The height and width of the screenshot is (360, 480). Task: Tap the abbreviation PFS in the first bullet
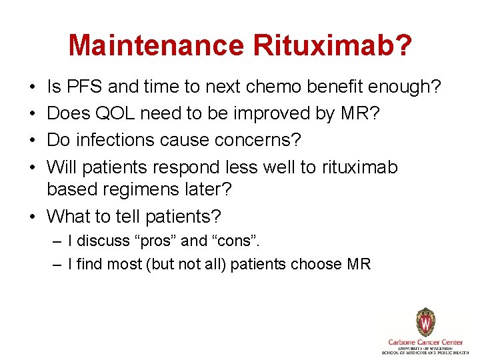click(83, 87)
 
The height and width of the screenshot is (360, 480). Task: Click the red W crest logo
click(425, 323)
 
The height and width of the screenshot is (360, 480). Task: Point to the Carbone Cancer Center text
click(425, 341)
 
